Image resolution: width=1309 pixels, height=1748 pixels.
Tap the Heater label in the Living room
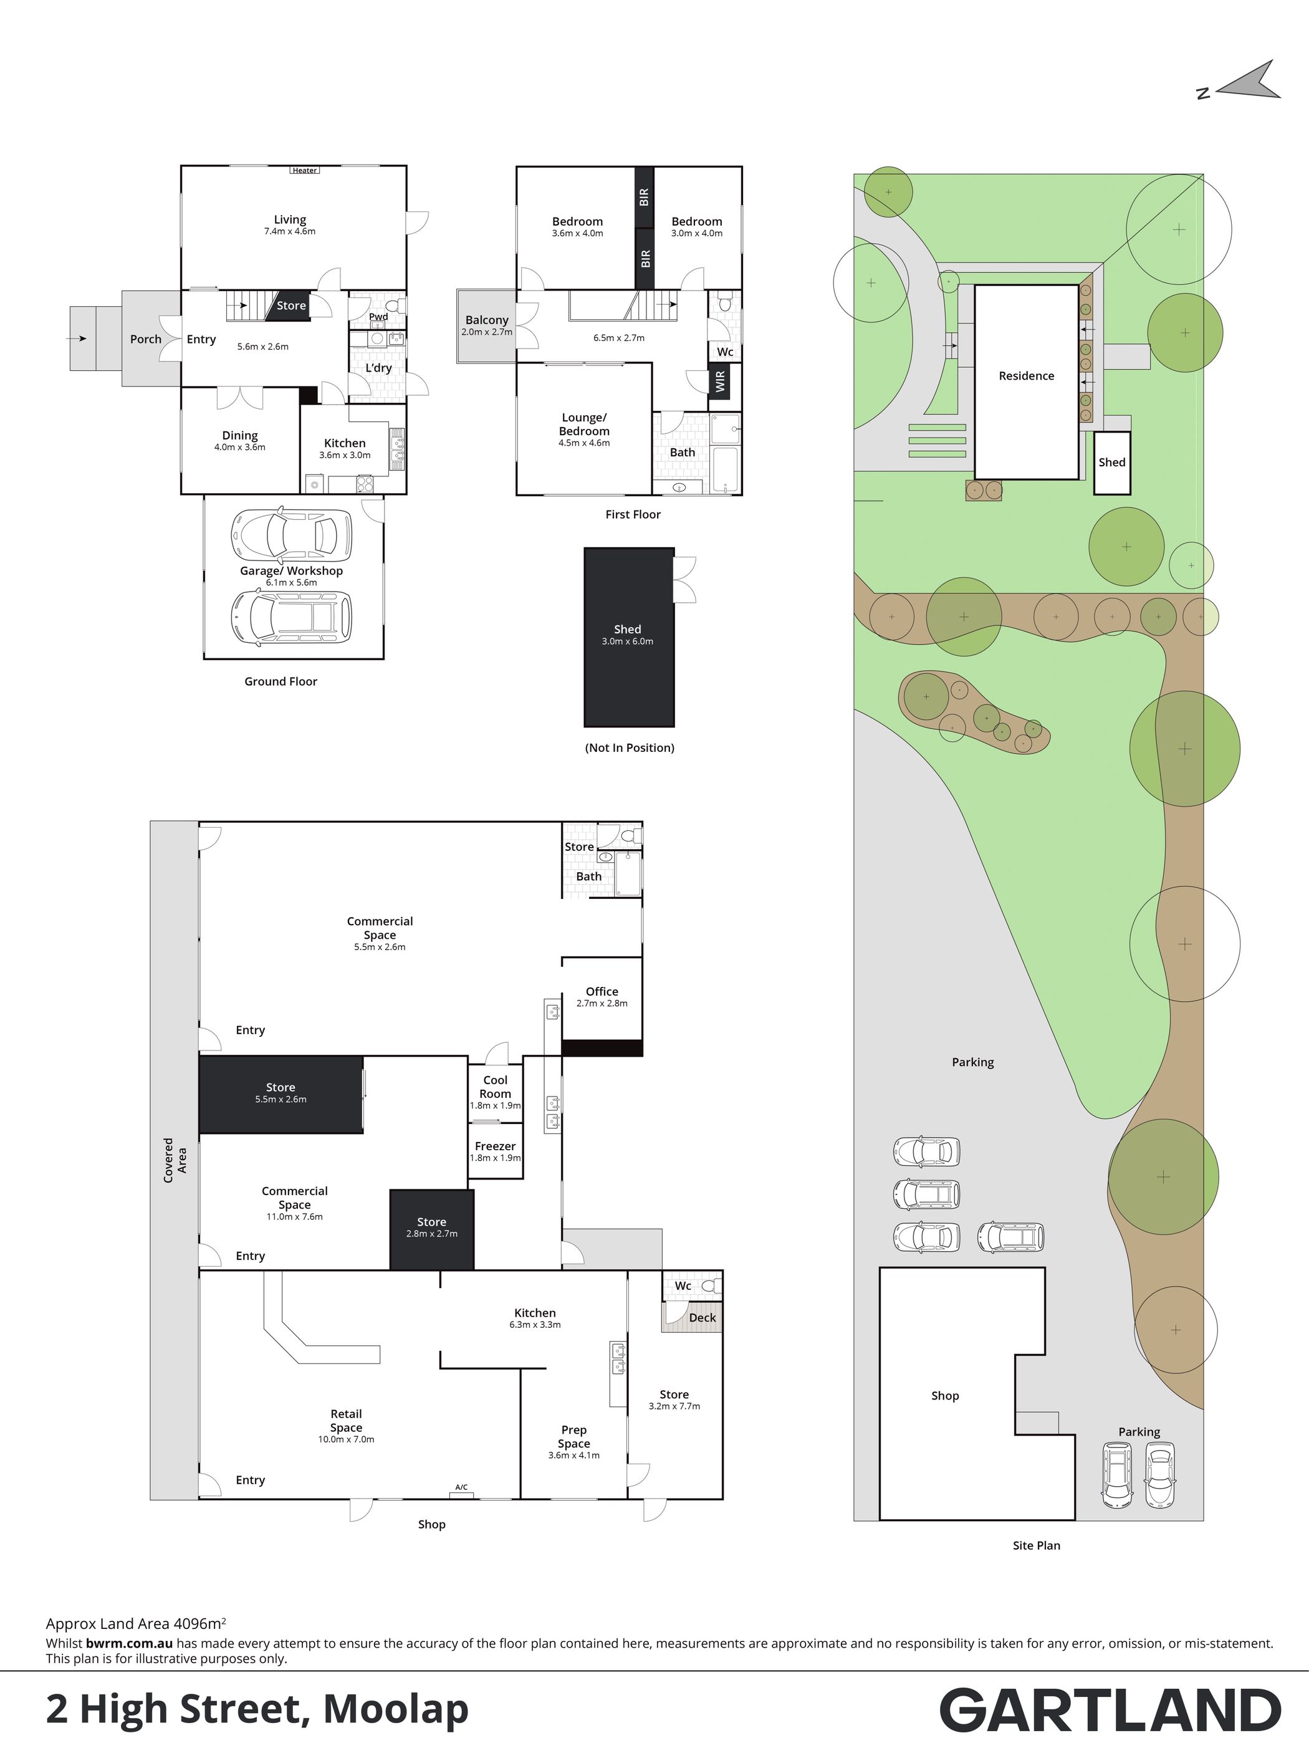click(305, 170)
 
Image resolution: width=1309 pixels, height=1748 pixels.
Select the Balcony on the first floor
click(487, 325)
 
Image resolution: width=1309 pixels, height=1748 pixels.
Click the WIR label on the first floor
click(720, 383)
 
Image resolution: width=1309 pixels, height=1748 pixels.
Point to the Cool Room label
click(496, 1087)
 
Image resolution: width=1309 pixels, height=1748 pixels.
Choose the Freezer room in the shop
click(496, 1151)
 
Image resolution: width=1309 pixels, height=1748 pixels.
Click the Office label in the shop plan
click(602, 991)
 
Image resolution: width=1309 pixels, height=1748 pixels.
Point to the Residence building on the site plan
click(1026, 382)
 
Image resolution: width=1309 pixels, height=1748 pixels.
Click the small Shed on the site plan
click(1111, 463)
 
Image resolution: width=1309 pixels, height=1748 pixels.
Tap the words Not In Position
click(630, 747)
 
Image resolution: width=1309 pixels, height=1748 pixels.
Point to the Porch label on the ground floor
click(145, 339)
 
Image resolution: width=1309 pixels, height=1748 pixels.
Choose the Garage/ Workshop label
click(292, 570)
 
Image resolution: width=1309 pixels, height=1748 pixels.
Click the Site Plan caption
click(1037, 1545)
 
